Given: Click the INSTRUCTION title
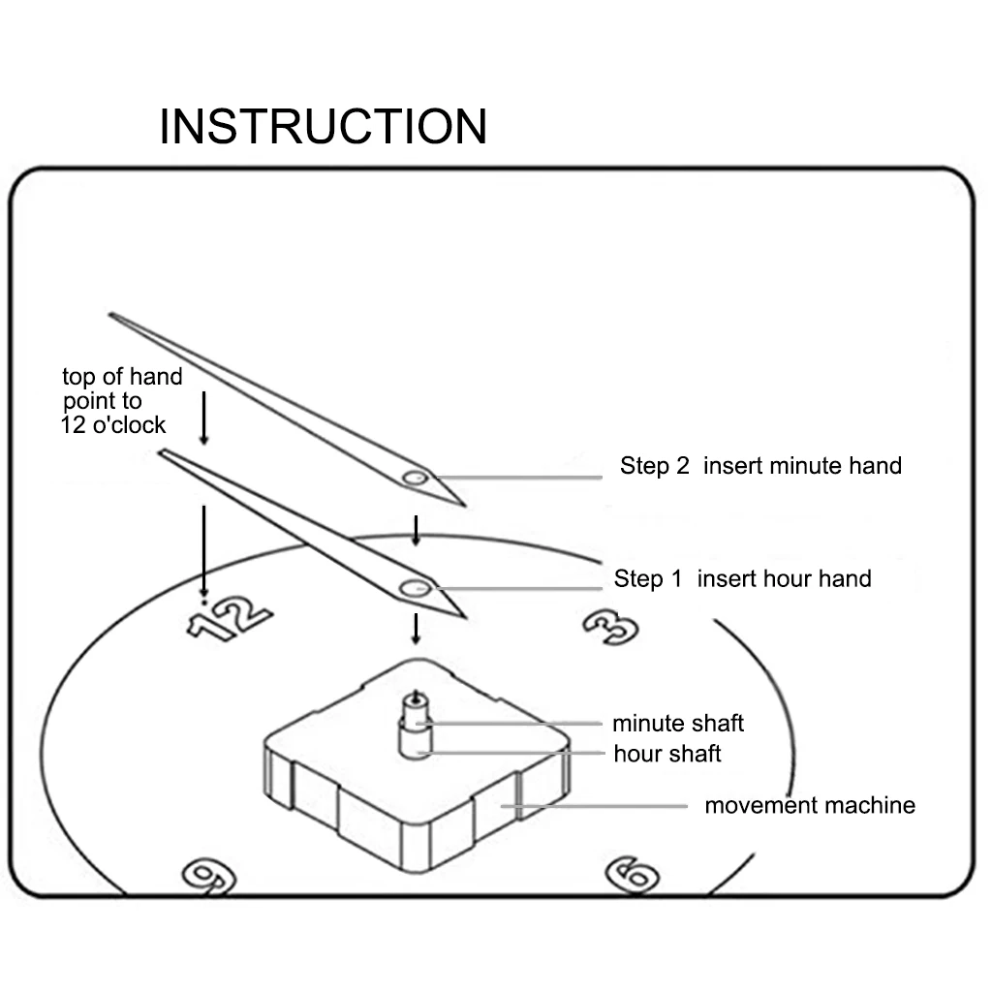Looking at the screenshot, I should click(323, 127).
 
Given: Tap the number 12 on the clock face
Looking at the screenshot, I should click(229, 619).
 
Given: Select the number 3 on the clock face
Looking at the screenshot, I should click(612, 628).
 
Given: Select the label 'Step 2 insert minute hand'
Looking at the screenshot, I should click(760, 466).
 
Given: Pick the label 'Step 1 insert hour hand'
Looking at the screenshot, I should click(742, 579).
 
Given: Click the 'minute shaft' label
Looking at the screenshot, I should click(677, 723).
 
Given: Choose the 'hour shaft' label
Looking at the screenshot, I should click(667, 753).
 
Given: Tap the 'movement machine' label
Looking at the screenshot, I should click(809, 805).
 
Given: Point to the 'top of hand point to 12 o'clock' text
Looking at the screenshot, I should click(121, 400).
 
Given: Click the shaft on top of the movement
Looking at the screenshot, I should click(417, 727).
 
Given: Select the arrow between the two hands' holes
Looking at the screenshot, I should click(417, 531).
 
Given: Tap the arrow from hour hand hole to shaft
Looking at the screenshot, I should click(417, 629).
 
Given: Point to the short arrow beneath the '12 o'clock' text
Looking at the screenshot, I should click(203, 418).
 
